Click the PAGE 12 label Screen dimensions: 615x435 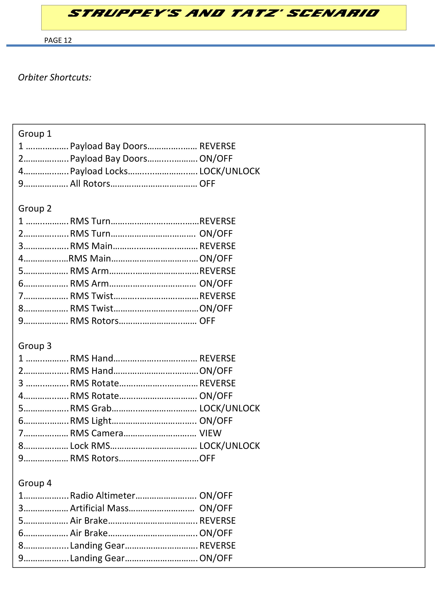[x=58, y=40]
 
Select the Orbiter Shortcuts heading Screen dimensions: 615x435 [x=55, y=77]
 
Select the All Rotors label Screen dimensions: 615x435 [x=90, y=184]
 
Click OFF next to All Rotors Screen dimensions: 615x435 [x=207, y=184]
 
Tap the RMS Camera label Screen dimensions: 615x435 [x=96, y=433]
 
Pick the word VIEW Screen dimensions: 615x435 [x=210, y=433]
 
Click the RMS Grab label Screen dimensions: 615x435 [x=91, y=408]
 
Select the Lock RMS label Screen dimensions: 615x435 [x=90, y=446]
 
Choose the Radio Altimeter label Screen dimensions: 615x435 [x=103, y=495]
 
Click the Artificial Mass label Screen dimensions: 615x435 [x=99, y=508]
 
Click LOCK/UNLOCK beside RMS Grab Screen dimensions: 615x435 [x=230, y=408]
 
